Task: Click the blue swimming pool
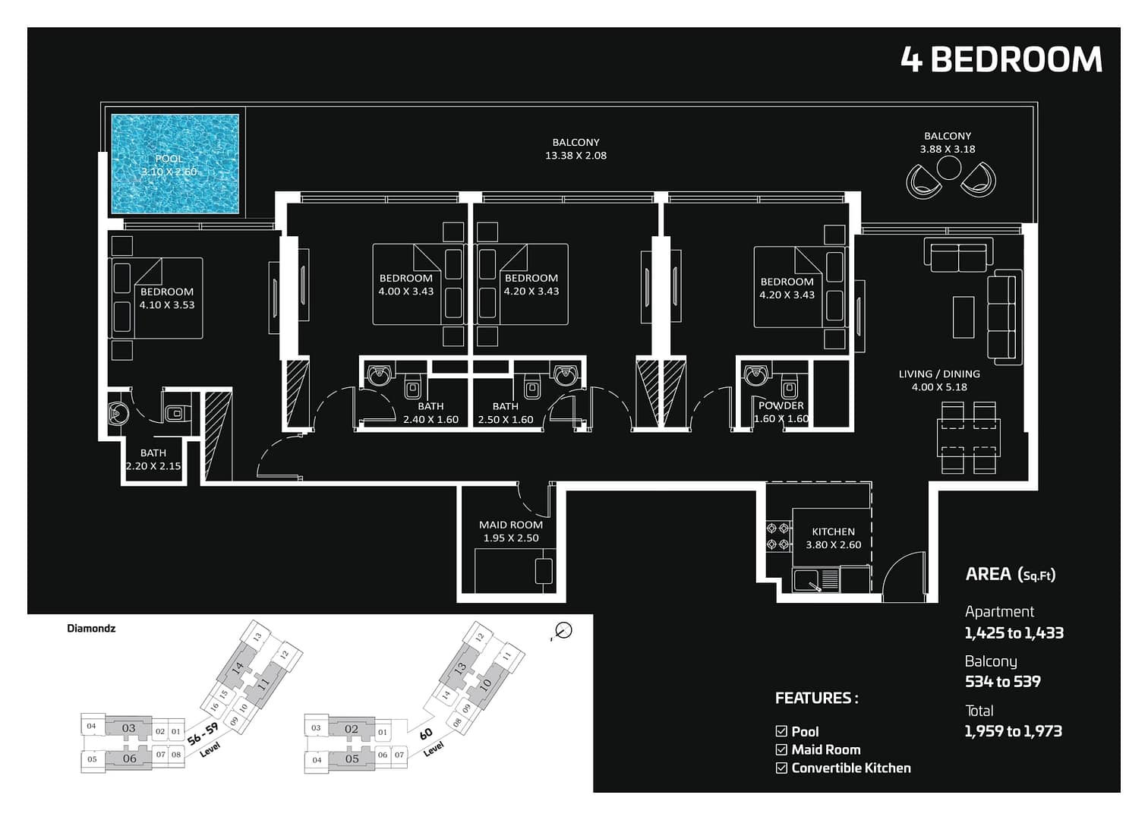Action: [x=175, y=164]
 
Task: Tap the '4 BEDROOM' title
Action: [x=1001, y=60]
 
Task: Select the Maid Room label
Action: [x=510, y=531]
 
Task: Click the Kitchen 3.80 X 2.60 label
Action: [x=833, y=538]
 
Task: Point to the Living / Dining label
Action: [x=939, y=380]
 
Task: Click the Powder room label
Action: [x=781, y=412]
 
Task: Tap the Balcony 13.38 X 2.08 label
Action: [x=576, y=149]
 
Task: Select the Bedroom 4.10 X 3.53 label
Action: [x=167, y=298]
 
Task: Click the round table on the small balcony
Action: [x=949, y=168]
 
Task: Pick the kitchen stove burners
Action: [x=778, y=535]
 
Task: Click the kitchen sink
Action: [x=808, y=581]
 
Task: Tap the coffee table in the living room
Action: [x=963, y=317]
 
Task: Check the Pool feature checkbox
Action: [x=781, y=731]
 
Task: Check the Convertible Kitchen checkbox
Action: [x=781, y=768]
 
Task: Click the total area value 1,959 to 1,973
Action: [x=1013, y=731]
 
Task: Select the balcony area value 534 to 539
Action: [x=1002, y=682]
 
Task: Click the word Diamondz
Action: [x=91, y=628]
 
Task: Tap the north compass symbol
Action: [x=563, y=630]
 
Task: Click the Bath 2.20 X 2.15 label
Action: [x=153, y=459]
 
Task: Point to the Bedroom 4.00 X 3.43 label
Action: [x=406, y=285]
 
